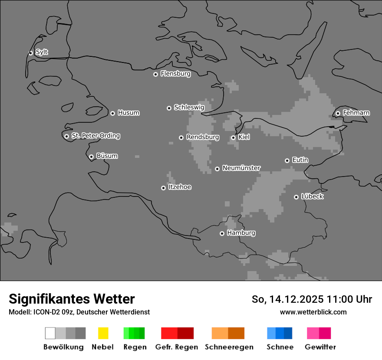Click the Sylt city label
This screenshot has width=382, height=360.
click(x=42, y=52)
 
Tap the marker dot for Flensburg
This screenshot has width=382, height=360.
click(x=155, y=74)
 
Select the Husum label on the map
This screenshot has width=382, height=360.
click(x=128, y=113)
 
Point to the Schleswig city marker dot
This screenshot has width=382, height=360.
click(x=169, y=108)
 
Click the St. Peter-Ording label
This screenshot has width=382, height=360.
click(x=95, y=136)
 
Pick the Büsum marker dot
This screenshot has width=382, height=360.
click(x=91, y=157)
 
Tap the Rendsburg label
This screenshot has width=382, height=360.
click(x=202, y=137)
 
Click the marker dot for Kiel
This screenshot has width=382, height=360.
click(x=233, y=137)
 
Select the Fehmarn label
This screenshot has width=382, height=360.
click(x=356, y=113)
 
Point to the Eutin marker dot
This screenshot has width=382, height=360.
click(x=287, y=160)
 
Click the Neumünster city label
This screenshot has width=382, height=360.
click(x=241, y=168)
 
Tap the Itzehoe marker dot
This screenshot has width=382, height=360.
click(x=163, y=188)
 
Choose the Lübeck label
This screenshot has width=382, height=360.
click(x=312, y=196)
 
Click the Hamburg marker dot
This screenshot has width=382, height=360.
click(x=222, y=233)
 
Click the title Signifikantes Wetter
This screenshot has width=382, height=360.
click(x=72, y=299)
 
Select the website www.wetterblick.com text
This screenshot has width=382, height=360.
click(x=313, y=312)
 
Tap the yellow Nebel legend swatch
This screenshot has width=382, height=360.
click(x=103, y=333)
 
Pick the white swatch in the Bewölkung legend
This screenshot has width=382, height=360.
click(x=50, y=333)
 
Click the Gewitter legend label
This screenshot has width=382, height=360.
click(x=320, y=347)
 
